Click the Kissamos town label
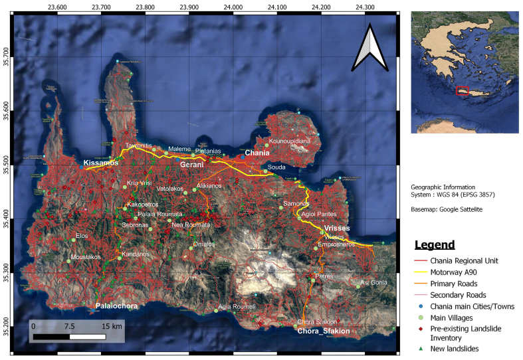tap(101, 163)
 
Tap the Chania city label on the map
tap(257, 153)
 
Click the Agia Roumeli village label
tap(237, 306)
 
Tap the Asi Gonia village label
tap(373, 283)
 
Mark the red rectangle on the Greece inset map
tap(463, 91)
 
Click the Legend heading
tap(435, 244)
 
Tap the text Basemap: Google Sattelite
tap(447, 210)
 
